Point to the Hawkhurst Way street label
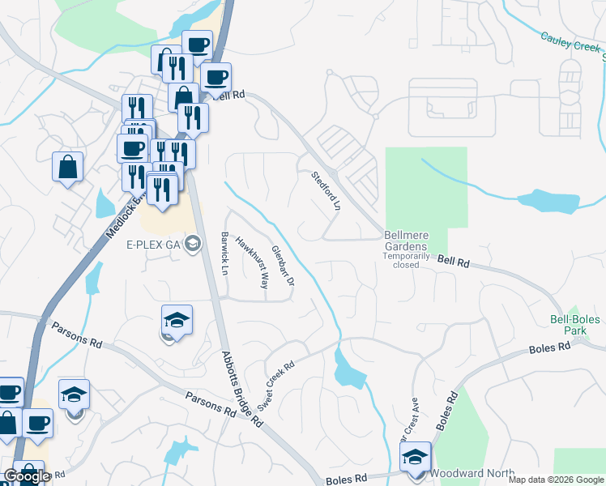pyautogui.click(x=252, y=262)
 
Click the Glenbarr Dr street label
pyautogui.click(x=283, y=265)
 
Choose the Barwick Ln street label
pyautogui.click(x=224, y=253)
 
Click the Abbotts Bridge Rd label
pyautogui.click(x=243, y=390)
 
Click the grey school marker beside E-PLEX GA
pyautogui.click(x=193, y=243)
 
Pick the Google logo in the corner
pyautogui.click(x=26, y=476)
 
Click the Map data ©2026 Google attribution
pyautogui.click(x=555, y=480)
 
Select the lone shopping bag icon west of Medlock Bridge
pyautogui.click(x=68, y=168)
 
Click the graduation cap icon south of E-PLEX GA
pyautogui.click(x=177, y=321)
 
